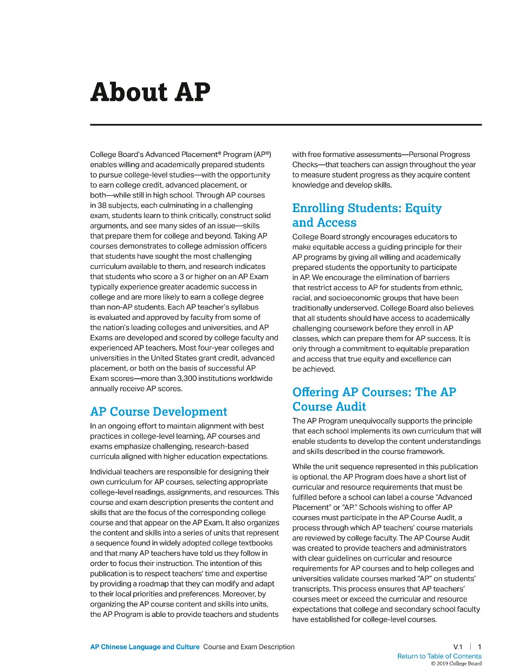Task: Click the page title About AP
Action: (150, 92)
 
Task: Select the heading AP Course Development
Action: (159, 412)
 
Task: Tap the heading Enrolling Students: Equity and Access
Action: (367, 215)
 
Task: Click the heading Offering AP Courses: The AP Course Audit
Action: (374, 399)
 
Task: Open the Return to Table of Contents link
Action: (439, 656)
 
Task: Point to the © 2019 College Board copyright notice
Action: (456, 664)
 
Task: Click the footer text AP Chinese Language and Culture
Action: (145, 647)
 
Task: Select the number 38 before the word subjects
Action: (102, 206)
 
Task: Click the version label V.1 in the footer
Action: (458, 647)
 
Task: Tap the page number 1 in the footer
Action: (479, 647)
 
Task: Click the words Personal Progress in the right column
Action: (439, 155)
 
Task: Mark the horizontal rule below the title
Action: (285, 125)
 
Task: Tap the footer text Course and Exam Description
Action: (249, 647)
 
